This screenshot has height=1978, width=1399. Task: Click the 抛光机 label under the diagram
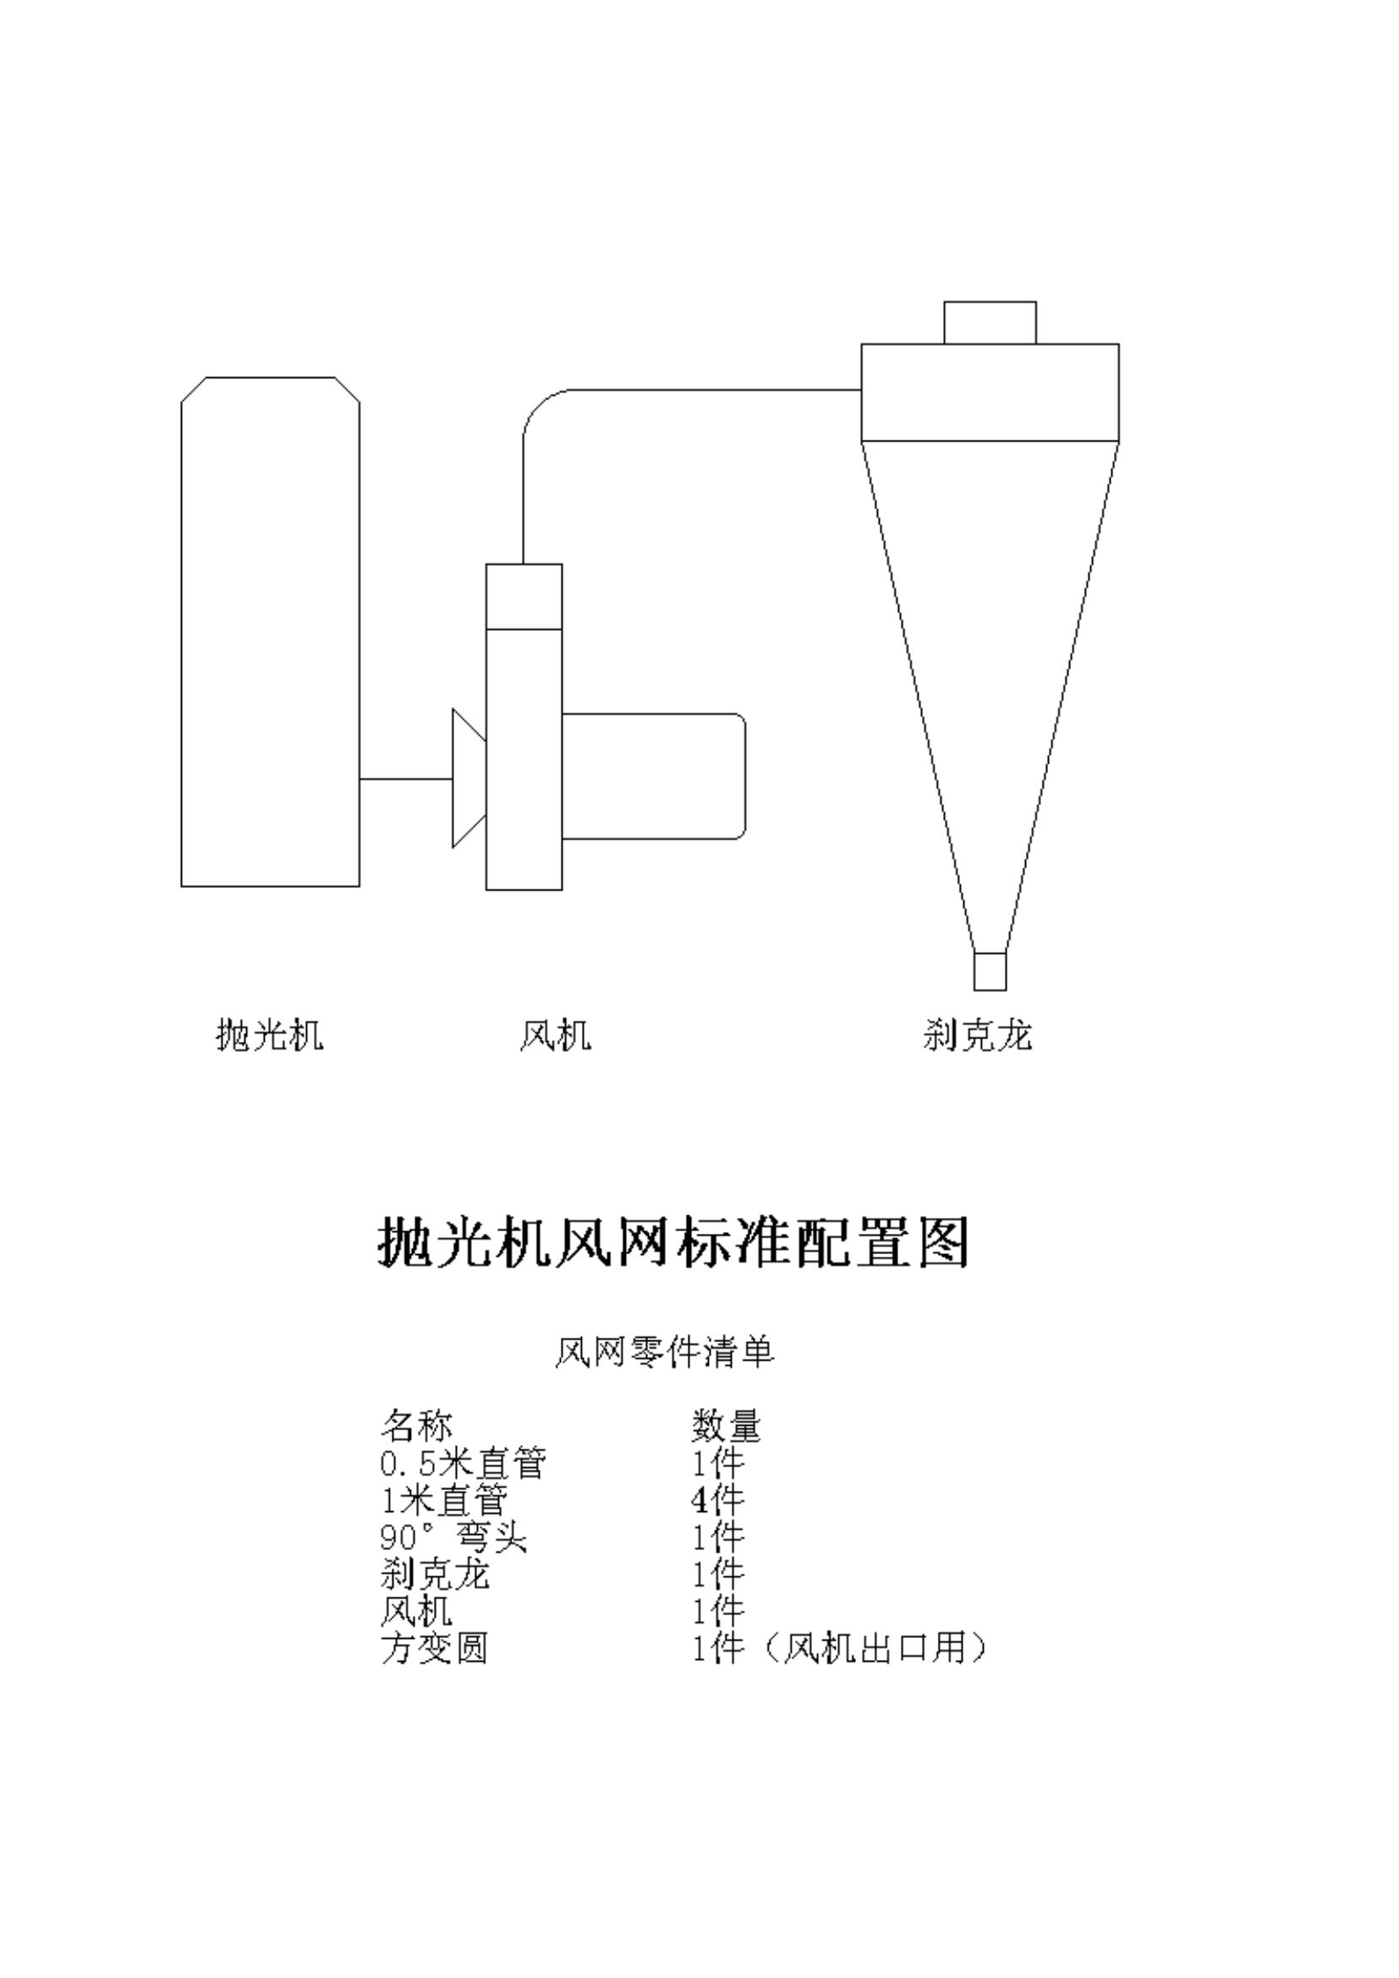[270, 1034]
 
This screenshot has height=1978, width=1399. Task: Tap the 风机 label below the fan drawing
[556, 1034]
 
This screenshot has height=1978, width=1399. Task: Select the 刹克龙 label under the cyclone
[977, 1034]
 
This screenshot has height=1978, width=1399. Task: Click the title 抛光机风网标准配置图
[673, 1241]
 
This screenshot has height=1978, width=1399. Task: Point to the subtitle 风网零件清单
[664, 1351]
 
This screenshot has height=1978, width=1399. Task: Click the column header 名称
[417, 1426]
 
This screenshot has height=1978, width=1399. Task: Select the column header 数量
[727, 1426]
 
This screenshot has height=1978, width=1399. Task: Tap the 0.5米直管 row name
[464, 1463]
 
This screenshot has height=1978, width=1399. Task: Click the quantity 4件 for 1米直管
[717, 1500]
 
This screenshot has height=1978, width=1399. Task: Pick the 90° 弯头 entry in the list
[454, 1537]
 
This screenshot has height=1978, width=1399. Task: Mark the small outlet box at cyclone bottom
[990, 972]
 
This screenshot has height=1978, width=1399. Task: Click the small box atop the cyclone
[990, 322]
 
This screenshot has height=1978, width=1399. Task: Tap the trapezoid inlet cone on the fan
[469, 778]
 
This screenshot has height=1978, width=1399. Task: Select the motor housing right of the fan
[654, 776]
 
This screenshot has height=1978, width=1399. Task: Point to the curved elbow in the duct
[539, 405]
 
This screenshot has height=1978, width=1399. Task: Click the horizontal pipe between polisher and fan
[406, 779]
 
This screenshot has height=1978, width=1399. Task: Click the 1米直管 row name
[445, 1500]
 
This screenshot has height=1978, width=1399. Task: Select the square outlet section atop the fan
[524, 596]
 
